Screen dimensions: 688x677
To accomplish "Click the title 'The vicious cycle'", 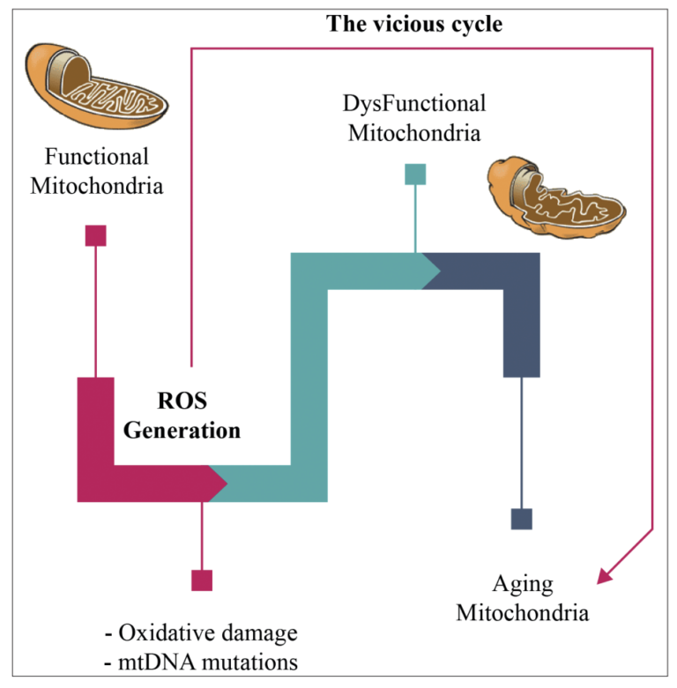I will [x=414, y=24].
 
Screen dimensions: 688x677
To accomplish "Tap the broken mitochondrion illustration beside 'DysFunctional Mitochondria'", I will [x=557, y=194].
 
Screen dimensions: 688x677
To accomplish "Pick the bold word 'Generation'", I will [x=182, y=431].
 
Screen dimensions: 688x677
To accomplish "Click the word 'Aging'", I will [x=522, y=584].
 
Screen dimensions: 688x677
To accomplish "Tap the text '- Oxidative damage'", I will [x=200, y=633].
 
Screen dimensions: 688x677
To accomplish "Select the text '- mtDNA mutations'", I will [x=201, y=662].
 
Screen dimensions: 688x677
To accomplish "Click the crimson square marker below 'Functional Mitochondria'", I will [x=95, y=235].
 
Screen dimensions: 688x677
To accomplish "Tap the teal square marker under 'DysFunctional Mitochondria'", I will [x=415, y=174].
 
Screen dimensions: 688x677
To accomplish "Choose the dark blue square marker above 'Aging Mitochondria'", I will [x=522, y=519].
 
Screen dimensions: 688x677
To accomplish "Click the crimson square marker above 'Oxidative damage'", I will [x=202, y=580].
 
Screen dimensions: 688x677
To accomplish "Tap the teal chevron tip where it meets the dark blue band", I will [x=434, y=270].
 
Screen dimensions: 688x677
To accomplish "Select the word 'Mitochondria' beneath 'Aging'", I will [x=522, y=612].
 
